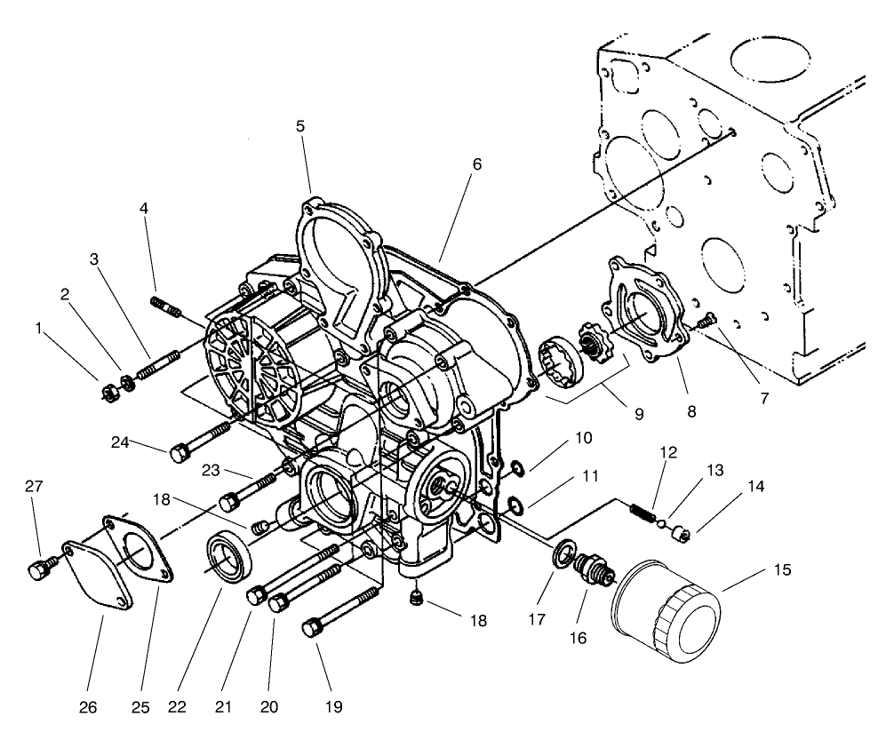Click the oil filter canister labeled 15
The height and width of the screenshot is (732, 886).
pos(666,613)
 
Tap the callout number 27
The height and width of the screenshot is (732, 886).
pos(33,487)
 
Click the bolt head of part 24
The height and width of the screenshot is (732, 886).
pos(178,452)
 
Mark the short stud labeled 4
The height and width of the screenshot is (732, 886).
pos(167,307)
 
